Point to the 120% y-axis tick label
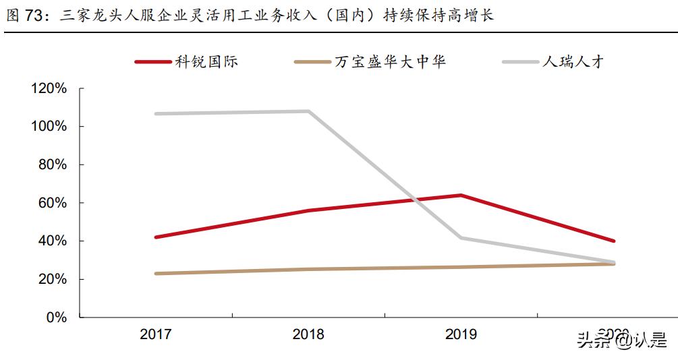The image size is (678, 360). click(x=48, y=88)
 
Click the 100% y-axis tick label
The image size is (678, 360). click(x=48, y=127)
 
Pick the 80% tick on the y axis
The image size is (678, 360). click(x=51, y=164)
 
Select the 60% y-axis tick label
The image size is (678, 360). click(x=51, y=203)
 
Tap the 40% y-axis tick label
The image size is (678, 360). click(x=51, y=241)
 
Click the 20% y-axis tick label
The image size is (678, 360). click(x=51, y=279)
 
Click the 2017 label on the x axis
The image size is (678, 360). click(x=156, y=334)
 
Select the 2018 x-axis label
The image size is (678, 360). click(x=308, y=334)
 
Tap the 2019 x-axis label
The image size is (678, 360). click(x=461, y=334)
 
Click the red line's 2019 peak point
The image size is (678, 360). click(x=461, y=196)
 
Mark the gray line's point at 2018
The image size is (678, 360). click(x=308, y=111)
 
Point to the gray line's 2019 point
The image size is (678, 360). click(x=461, y=237)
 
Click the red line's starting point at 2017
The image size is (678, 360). click(x=156, y=237)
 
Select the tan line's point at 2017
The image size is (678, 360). click(x=156, y=274)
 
